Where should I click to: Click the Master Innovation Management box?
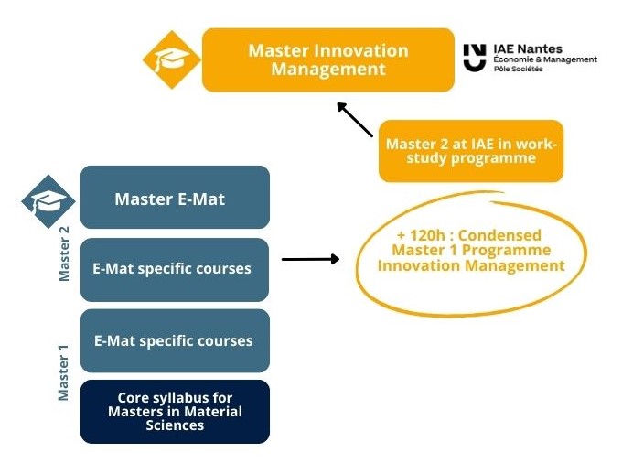(327, 59)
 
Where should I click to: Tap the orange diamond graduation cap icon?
(171, 59)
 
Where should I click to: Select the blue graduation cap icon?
(48, 201)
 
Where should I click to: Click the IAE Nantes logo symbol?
(474, 58)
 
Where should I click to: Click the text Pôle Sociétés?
(518, 70)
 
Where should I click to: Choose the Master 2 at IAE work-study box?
(470, 151)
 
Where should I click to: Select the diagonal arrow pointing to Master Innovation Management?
(355, 119)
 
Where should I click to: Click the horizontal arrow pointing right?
(309, 259)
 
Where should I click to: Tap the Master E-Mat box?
(175, 198)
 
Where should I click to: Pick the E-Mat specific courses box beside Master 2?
(175, 269)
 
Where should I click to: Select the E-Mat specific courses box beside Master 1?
(175, 340)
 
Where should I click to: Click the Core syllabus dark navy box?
(175, 411)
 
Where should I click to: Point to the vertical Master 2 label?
(64, 259)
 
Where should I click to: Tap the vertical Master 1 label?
(64, 371)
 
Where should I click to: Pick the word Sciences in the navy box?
(175, 425)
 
